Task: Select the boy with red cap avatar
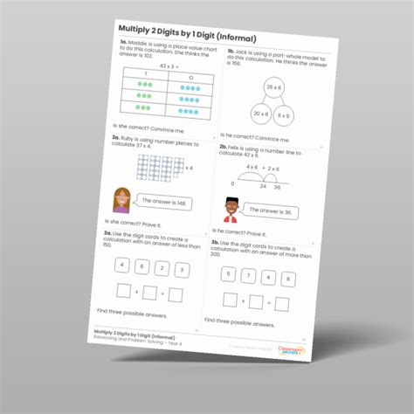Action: tap(231, 209)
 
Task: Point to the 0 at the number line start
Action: tap(231, 183)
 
